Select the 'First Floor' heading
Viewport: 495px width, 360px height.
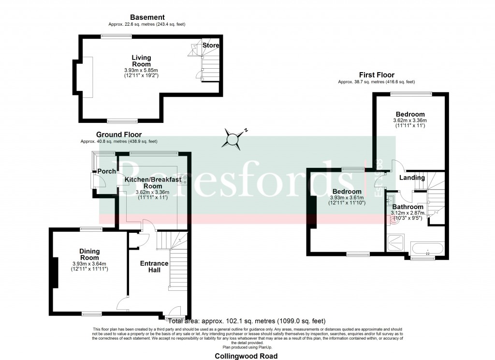point(377,75)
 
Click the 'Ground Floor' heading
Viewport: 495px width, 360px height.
point(119,135)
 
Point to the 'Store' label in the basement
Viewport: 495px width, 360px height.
point(211,45)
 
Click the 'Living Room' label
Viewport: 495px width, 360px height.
point(141,61)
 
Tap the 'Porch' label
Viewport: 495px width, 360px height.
point(107,171)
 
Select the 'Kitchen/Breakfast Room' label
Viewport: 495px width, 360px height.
point(153,182)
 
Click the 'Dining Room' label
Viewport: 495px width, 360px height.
point(89,255)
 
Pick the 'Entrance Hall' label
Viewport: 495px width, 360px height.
point(154,267)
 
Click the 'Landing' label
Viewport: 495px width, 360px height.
point(412,178)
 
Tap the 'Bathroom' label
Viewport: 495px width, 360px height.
point(408,207)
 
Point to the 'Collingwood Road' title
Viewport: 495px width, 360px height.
point(247,356)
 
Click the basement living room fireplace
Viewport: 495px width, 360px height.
point(88,76)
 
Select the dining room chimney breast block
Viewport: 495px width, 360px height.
point(55,274)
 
